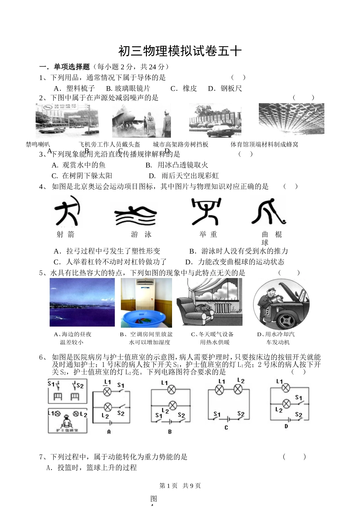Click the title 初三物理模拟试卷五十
pyautogui.click(x=180, y=51)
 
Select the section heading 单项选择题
pyautogui.click(x=72, y=67)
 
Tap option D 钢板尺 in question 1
pyautogui.click(x=225, y=88)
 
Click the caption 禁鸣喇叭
pyautogui.click(x=38, y=145)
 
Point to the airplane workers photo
pyautogui.click(x=141, y=121)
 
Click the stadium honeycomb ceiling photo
pyautogui.click(x=291, y=119)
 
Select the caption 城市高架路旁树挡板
pyautogui.click(x=181, y=145)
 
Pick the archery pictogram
pyautogui.click(x=67, y=211)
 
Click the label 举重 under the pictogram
pyautogui.click(x=208, y=234)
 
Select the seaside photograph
pyautogui.click(x=82, y=302)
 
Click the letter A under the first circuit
pyautogui.click(x=109, y=432)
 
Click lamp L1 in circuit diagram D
pyautogui.click(x=286, y=388)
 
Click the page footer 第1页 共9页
pyautogui.click(x=180, y=486)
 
